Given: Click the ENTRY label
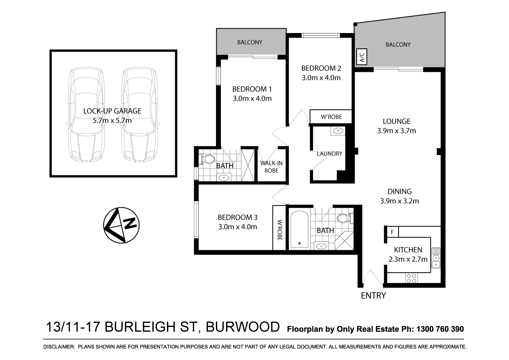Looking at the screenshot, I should point(373,295).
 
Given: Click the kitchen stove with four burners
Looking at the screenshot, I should point(411,278).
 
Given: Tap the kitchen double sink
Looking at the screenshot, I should point(436,258).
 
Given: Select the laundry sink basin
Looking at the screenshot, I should point(337,131).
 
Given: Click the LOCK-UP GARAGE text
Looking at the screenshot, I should point(112,111).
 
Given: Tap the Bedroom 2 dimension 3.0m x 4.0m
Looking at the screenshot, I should point(321,77).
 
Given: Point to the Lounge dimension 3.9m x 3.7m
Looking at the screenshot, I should point(396,130).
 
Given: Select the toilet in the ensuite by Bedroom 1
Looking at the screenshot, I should point(209,160).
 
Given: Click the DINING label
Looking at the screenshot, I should point(399,191).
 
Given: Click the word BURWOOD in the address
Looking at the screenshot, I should point(243,327).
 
